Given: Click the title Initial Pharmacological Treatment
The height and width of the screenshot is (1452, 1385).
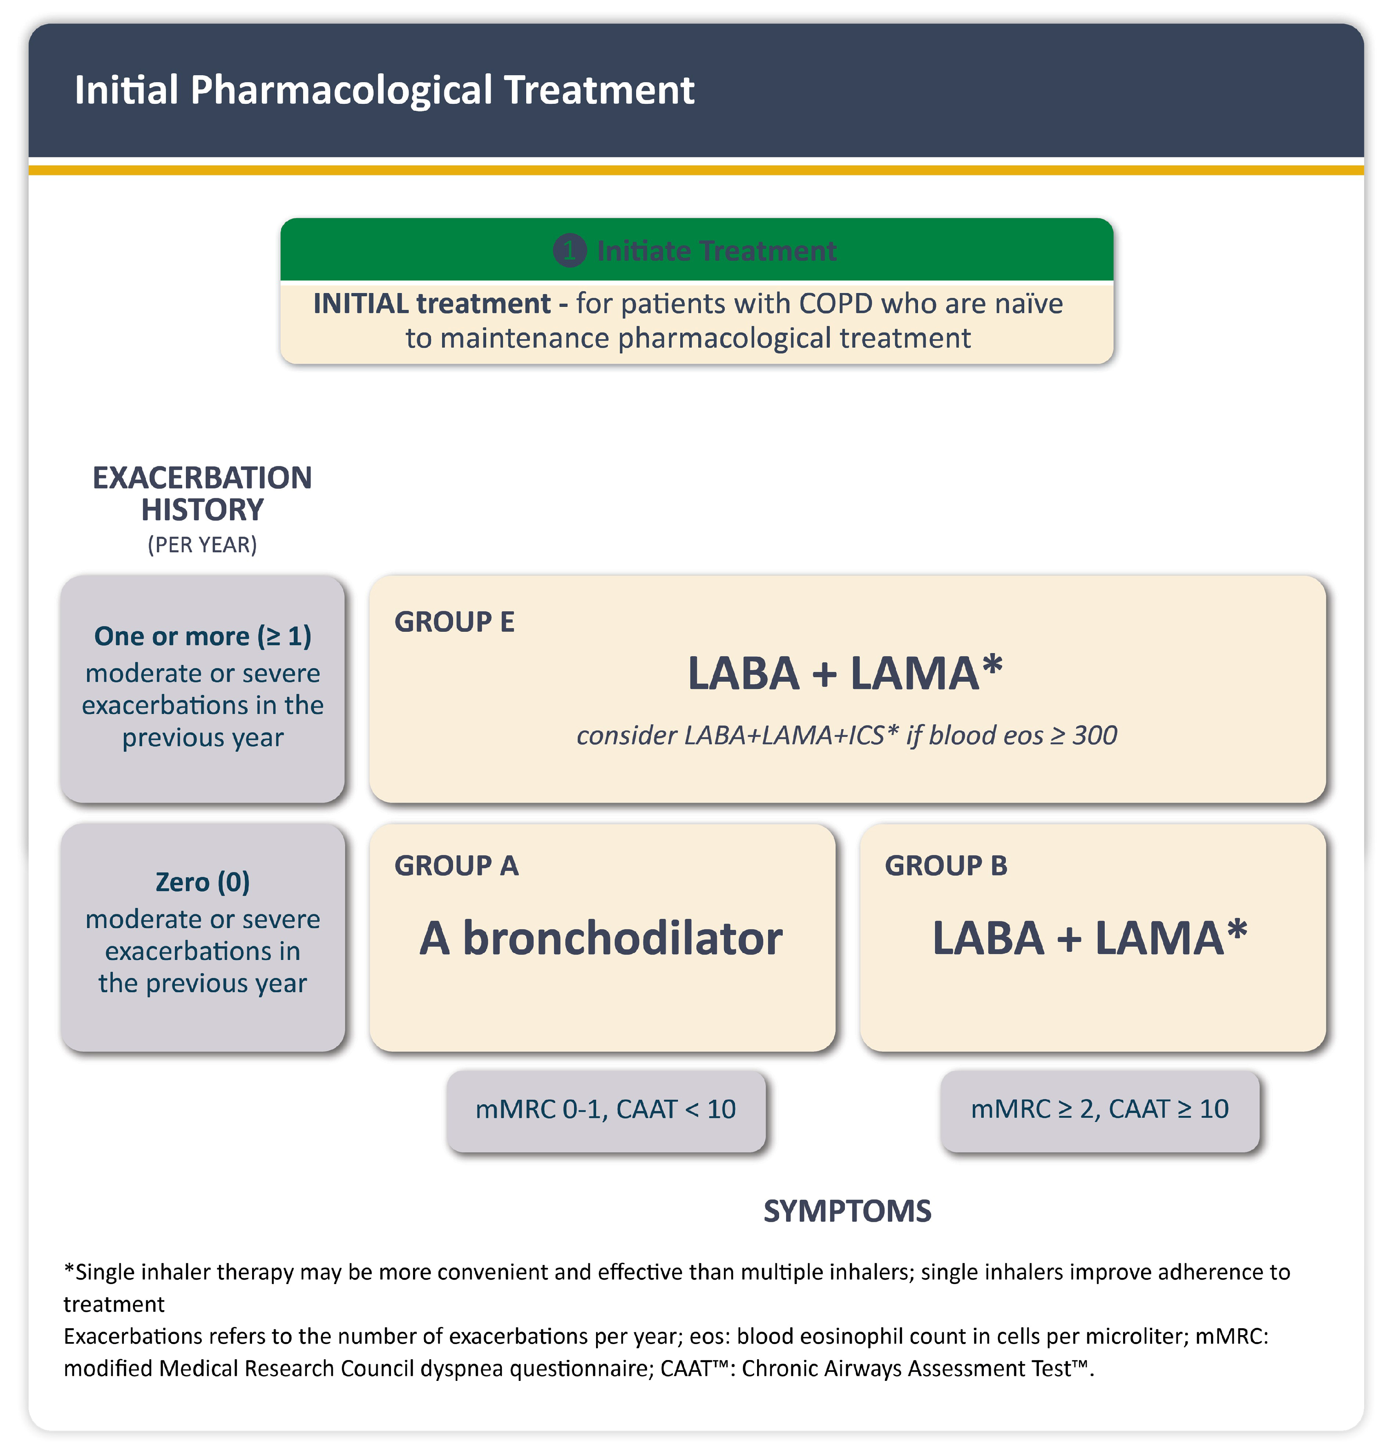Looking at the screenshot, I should [x=384, y=90].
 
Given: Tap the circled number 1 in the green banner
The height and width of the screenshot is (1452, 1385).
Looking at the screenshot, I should [x=569, y=251].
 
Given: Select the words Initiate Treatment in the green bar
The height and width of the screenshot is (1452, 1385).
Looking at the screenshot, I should [x=716, y=251].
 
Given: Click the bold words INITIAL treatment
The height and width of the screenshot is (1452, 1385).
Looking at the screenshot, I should [x=432, y=304].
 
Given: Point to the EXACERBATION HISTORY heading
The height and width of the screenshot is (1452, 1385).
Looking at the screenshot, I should [x=202, y=493].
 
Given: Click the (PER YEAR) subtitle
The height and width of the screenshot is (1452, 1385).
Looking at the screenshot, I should [x=202, y=545].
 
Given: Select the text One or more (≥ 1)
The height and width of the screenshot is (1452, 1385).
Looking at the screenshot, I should [x=202, y=636].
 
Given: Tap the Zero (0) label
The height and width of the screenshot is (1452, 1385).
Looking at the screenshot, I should [x=202, y=882].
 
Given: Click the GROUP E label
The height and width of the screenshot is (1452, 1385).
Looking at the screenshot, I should [x=454, y=622].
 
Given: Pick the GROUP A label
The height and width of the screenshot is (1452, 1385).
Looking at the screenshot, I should [x=456, y=866].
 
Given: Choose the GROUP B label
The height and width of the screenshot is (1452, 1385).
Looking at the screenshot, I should [x=946, y=866].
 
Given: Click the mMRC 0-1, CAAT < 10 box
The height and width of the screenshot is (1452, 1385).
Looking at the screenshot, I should [x=605, y=1109].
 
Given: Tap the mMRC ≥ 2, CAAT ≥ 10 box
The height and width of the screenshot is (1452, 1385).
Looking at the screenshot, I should [x=1099, y=1109].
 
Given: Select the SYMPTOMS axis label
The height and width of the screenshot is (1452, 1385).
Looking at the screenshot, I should [x=847, y=1211].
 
